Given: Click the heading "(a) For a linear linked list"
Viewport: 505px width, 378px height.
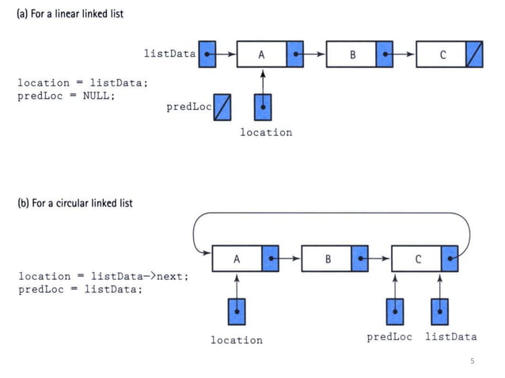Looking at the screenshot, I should pos(70,14).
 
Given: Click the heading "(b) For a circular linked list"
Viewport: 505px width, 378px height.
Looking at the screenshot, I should pos(75,203).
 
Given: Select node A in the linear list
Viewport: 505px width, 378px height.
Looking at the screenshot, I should pos(261,55).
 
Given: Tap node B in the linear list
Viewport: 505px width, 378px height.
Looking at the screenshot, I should pos(351,55).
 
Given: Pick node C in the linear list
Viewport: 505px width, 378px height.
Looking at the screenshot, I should pos(442,55).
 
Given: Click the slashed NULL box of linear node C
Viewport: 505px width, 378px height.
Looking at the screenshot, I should pos(473,55).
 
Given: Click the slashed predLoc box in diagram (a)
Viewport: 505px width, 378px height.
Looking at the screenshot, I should pos(223,107).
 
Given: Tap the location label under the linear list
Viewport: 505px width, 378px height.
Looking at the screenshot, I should pos(266,132).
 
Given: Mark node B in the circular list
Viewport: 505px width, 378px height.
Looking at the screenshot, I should pos(327,259).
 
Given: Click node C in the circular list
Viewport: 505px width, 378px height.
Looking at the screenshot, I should pos(417,259).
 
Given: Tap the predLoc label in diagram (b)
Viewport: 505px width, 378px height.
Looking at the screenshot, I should pos(389,337).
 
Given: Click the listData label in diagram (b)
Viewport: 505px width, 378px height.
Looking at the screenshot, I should pos(451,337).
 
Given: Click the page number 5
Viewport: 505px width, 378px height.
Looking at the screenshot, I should pos(473,361).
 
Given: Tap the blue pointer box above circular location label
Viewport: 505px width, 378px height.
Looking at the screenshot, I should pos(237,311).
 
